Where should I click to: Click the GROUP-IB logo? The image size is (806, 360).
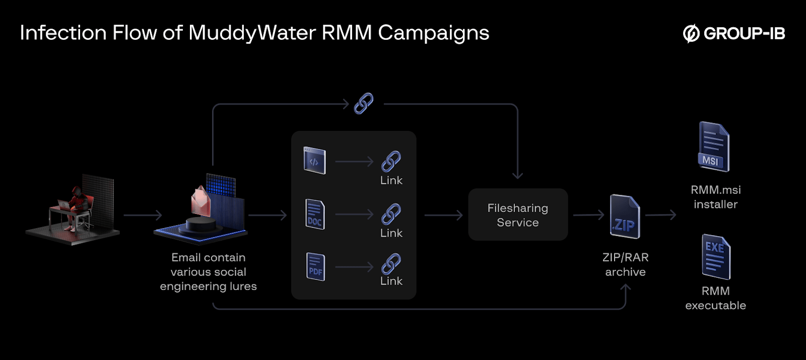pyautogui.click(x=734, y=33)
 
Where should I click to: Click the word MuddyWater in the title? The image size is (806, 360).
pyautogui.click(x=252, y=33)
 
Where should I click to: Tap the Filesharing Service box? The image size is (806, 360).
pyautogui.click(x=518, y=215)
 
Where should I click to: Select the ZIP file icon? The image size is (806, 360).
pyautogui.click(x=625, y=217)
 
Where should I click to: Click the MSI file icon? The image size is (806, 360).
pyautogui.click(x=713, y=147)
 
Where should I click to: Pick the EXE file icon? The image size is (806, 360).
pyautogui.click(x=716, y=257)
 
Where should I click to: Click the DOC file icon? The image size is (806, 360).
pyautogui.click(x=315, y=214)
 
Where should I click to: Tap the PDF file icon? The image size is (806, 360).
pyautogui.click(x=316, y=267)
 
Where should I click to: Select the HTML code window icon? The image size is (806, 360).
pyautogui.click(x=314, y=161)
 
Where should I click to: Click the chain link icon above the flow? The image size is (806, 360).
pyautogui.click(x=364, y=104)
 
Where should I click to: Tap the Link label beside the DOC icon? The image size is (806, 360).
pyautogui.click(x=391, y=233)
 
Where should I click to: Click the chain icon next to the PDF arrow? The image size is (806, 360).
pyautogui.click(x=391, y=264)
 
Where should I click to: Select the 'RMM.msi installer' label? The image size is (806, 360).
pyautogui.click(x=715, y=197)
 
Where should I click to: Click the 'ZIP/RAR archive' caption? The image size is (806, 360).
pyautogui.click(x=625, y=264)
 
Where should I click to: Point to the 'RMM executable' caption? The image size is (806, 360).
pyautogui.click(x=715, y=298)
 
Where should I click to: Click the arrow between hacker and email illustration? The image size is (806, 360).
pyautogui.click(x=143, y=215)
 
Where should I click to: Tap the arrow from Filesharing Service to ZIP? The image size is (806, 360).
pyautogui.click(x=588, y=215)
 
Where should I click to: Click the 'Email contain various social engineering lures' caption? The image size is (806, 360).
pyautogui.click(x=208, y=272)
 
